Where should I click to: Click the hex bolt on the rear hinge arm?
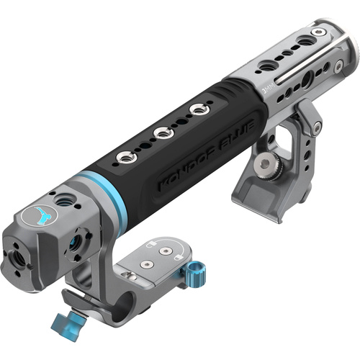(316, 127)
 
